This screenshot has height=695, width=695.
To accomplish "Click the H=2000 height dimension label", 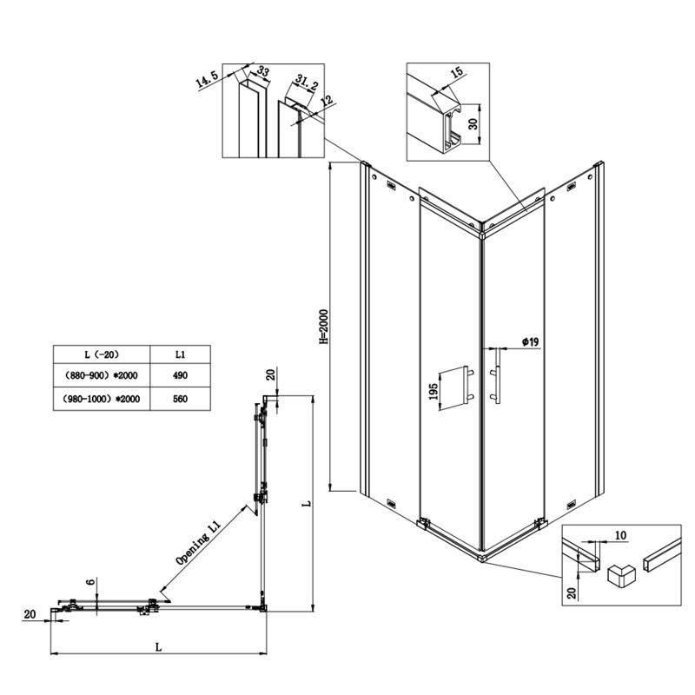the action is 324,328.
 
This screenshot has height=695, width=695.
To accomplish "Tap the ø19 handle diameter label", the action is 530,341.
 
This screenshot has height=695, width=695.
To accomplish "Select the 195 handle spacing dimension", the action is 434,392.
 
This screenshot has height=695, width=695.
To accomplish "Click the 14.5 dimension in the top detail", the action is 207,80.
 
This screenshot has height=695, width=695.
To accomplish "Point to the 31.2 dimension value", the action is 307,83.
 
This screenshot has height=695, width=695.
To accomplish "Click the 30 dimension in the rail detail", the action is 473,123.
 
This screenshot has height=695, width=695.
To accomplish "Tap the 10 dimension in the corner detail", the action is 620,535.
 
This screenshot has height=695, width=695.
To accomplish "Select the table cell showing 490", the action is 180,375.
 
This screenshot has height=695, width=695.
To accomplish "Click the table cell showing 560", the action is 180,399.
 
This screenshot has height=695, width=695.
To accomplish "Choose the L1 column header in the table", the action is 180,354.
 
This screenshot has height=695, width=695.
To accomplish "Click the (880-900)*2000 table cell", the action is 102,375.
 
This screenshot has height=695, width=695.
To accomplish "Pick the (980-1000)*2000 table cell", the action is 102,399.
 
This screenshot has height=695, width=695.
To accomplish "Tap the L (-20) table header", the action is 102,354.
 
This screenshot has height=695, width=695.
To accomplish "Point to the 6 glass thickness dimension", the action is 91,581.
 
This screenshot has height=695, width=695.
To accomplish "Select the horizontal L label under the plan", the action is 158,647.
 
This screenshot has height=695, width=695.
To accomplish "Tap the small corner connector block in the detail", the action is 621,577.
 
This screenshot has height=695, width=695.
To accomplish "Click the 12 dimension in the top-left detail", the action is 328,101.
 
